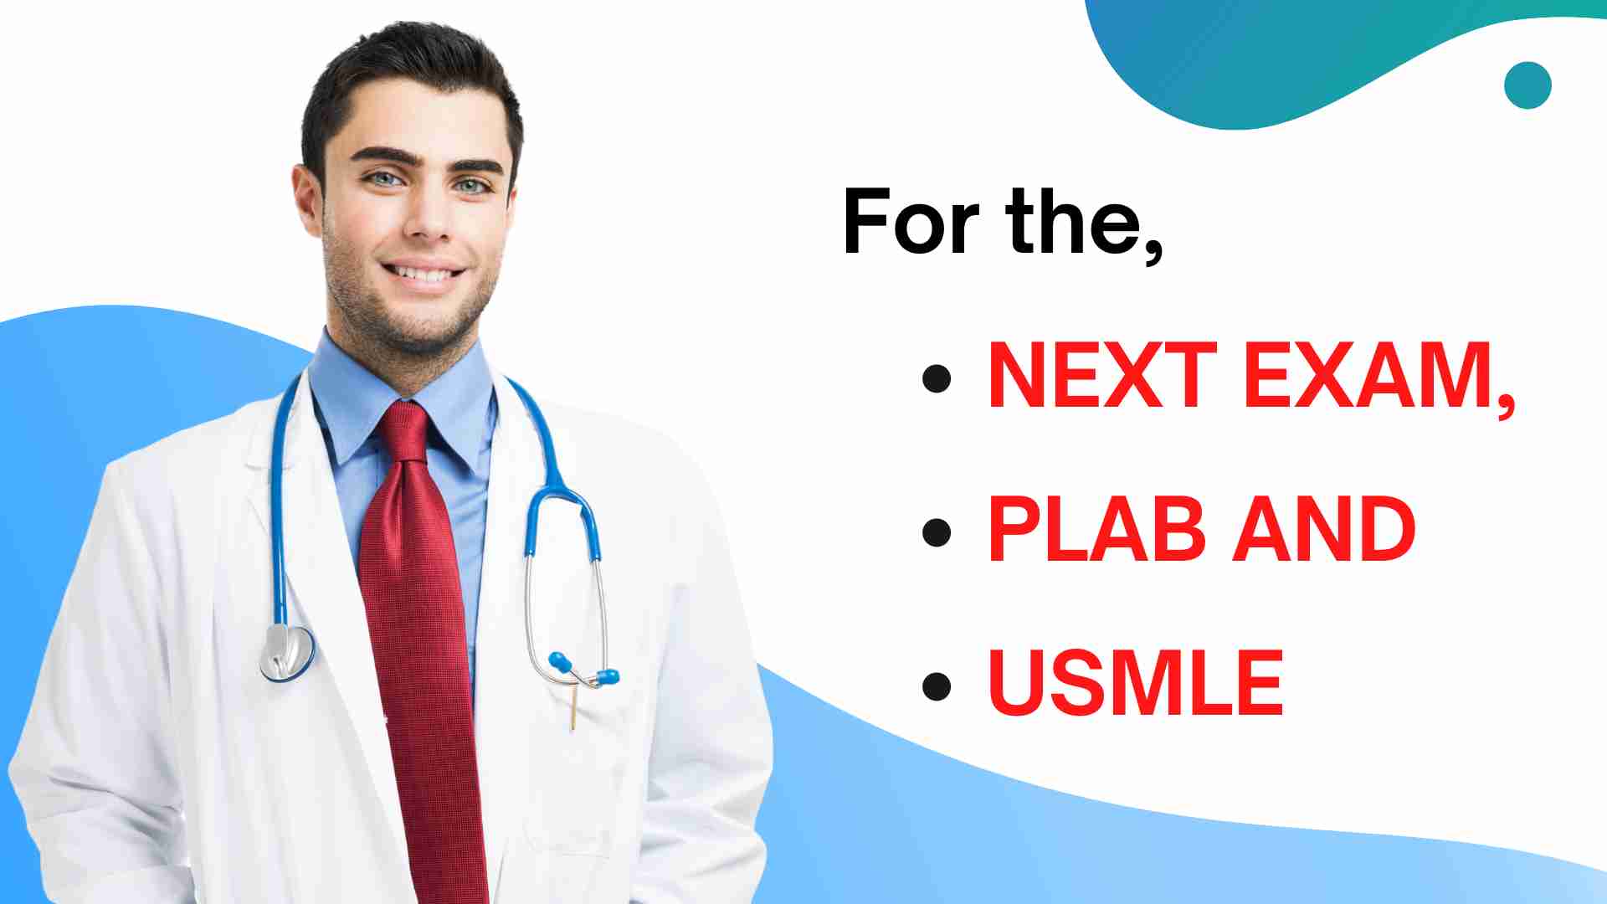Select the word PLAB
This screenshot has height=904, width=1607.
[x=1096, y=529]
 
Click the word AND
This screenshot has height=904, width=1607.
[x=1324, y=529]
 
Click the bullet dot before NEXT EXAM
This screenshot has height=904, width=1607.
[x=937, y=378]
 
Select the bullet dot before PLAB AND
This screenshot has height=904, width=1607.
[x=937, y=532]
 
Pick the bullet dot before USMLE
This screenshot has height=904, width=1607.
[x=937, y=686]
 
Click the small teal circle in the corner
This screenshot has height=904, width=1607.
[x=1527, y=85]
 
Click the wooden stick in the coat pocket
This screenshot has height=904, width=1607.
[x=573, y=706]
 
